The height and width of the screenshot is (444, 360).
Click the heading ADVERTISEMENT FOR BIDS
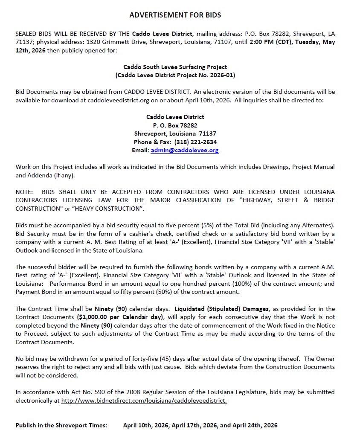[x=175, y=15]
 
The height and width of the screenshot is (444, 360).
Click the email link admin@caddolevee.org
[x=184, y=151]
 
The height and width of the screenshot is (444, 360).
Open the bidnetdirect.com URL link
[x=144, y=400]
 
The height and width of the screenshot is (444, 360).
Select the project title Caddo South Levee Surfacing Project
[x=175, y=67]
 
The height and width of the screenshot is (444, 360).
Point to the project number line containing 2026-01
[x=175, y=75]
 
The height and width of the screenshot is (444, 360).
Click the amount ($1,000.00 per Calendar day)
[x=120, y=317]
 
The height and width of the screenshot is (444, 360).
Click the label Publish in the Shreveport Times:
[x=61, y=425]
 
